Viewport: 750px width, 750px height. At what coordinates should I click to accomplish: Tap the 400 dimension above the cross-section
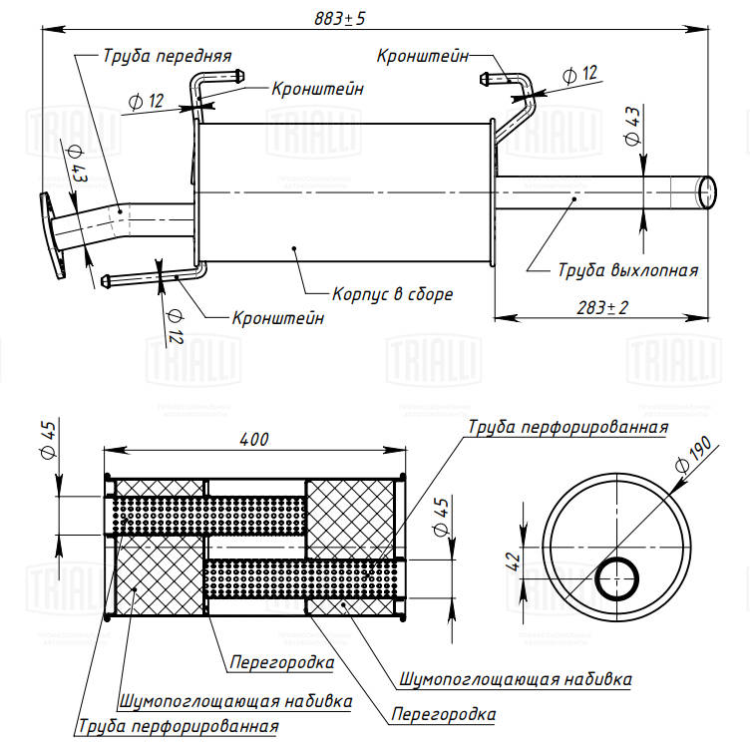pyautogui.click(x=255, y=439)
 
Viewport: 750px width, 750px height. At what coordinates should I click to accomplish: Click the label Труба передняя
pyautogui.click(x=167, y=56)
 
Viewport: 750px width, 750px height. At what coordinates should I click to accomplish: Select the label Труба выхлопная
pyautogui.click(x=627, y=269)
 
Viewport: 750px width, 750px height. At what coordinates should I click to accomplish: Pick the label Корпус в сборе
pyautogui.click(x=393, y=295)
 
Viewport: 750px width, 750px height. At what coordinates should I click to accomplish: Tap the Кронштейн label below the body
pyautogui.click(x=279, y=319)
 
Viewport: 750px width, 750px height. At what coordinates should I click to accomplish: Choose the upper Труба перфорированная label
pyautogui.click(x=567, y=427)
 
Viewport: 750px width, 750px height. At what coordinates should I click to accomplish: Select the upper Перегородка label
pyautogui.click(x=281, y=660)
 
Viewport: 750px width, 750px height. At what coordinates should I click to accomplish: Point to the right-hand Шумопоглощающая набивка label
pyautogui.click(x=516, y=679)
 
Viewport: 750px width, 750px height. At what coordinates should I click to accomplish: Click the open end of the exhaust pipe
pyautogui.click(x=706, y=189)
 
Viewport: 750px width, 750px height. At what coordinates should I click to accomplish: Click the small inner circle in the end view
pyautogui.click(x=619, y=578)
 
